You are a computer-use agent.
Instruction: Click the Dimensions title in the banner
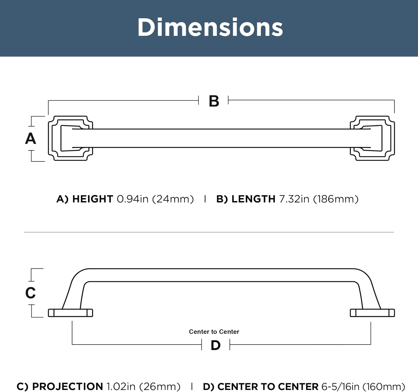[x=210, y=27]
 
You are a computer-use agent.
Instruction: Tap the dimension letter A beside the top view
[x=31, y=138]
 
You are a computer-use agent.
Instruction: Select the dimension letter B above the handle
[x=214, y=101]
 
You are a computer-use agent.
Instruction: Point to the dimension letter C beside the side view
[x=31, y=293]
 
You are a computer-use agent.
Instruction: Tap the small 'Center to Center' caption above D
[x=214, y=332]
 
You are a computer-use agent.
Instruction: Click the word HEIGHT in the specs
[x=93, y=199]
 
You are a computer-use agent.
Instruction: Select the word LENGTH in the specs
[x=253, y=199]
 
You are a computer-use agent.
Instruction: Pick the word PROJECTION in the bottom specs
[x=67, y=386]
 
